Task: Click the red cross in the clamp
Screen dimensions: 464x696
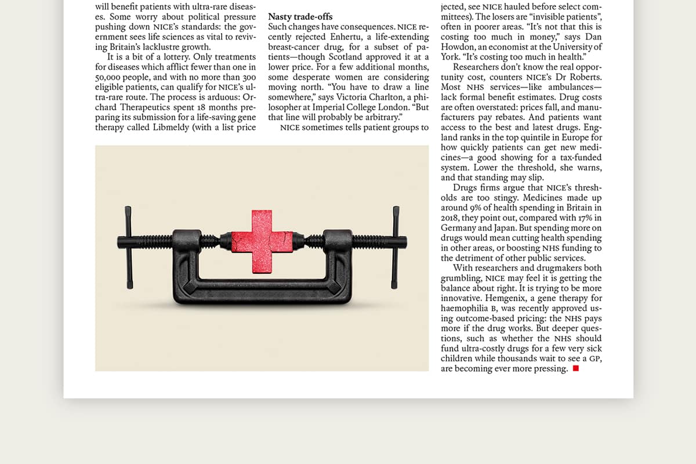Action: click(262, 241)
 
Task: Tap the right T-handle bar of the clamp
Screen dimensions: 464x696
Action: click(396, 246)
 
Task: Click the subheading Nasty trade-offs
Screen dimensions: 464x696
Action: click(300, 17)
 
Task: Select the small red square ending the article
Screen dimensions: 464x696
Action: click(575, 368)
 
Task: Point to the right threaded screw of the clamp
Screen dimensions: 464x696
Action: click(371, 240)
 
